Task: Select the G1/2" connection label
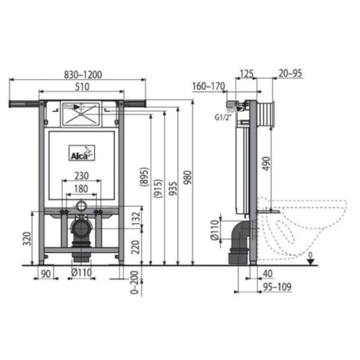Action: click(223, 118)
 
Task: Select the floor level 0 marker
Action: click(310, 256)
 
